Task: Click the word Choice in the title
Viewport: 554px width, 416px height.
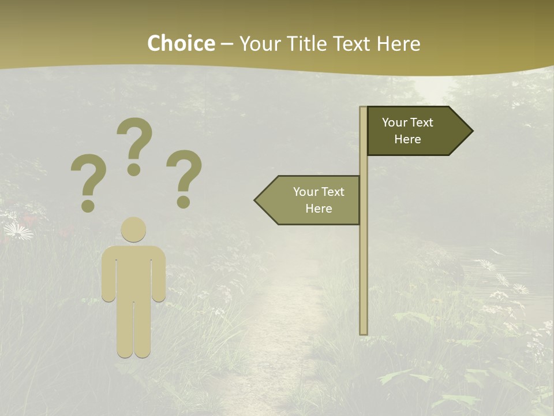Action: pyautogui.click(x=181, y=44)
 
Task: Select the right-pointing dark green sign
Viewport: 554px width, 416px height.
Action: pyautogui.click(x=413, y=131)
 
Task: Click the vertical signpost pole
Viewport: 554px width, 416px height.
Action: pyautogui.click(x=364, y=260)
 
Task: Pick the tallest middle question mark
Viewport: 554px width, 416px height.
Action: pyautogui.click(x=135, y=139)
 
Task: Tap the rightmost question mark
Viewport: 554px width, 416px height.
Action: pyautogui.click(x=185, y=172)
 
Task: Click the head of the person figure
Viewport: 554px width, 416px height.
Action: pyautogui.click(x=133, y=229)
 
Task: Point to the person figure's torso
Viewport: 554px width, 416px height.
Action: pyautogui.click(x=133, y=272)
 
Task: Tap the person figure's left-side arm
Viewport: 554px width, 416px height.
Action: pyautogui.click(x=108, y=277)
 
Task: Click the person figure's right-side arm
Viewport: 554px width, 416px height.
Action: pyautogui.click(x=159, y=277)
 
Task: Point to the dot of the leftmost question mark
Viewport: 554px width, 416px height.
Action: pyautogui.click(x=88, y=206)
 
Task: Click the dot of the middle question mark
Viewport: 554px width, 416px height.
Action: pyautogui.click(x=134, y=169)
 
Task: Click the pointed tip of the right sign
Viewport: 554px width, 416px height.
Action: pyautogui.click(x=471, y=131)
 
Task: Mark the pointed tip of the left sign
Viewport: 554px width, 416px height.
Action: pyautogui.click(x=256, y=200)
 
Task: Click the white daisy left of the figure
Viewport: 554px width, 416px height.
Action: pyautogui.click(x=18, y=232)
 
